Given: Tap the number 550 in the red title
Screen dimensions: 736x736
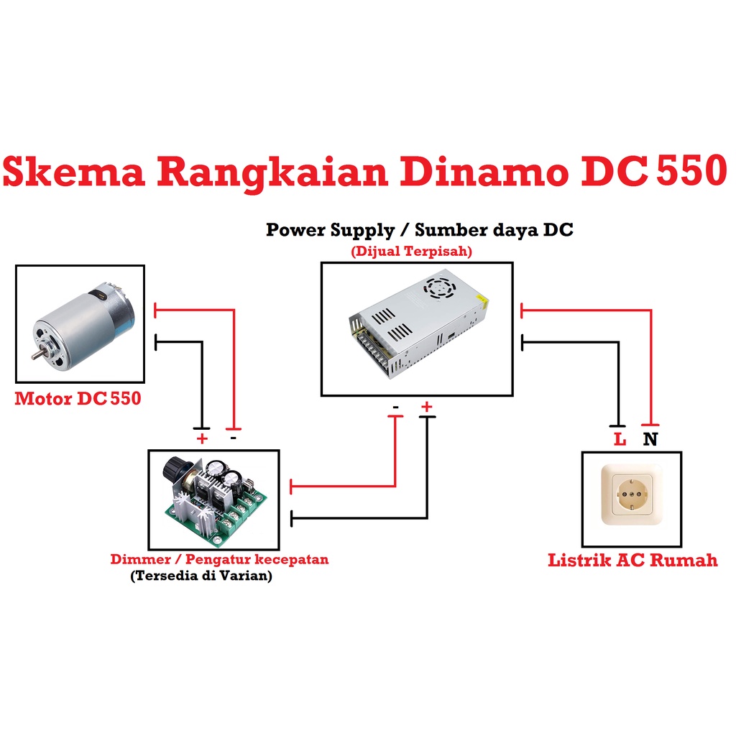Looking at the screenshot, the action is (x=684, y=172).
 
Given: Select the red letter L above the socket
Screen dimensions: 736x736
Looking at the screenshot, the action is (x=620, y=439).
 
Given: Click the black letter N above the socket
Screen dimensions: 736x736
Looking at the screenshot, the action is (x=650, y=439).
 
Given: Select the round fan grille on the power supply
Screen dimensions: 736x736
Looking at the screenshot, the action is (x=438, y=288).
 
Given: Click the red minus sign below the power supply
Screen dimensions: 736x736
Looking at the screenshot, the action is (x=395, y=408).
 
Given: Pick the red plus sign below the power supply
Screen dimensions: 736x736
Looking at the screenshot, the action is (x=427, y=408).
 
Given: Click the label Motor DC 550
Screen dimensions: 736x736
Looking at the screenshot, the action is (x=78, y=398).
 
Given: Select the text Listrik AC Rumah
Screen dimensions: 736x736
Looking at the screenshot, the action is (x=632, y=560).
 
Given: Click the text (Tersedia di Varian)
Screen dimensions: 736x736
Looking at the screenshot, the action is (x=201, y=576).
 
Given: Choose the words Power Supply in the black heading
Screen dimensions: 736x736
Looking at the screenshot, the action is (x=330, y=231).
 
